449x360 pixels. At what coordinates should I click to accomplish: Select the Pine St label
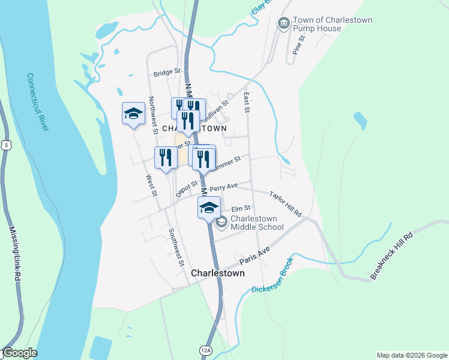pos(300,44)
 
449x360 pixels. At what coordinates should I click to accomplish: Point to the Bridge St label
pos(166,72)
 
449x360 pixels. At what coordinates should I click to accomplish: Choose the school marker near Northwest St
pos(133,113)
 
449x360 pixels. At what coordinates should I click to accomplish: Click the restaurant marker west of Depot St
pos(166,157)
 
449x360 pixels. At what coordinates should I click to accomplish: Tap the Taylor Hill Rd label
pos(285,204)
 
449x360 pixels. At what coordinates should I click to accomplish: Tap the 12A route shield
pos(206,350)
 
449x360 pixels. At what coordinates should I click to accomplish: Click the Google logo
pos(20,353)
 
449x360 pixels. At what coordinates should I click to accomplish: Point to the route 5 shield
pos(5,145)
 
